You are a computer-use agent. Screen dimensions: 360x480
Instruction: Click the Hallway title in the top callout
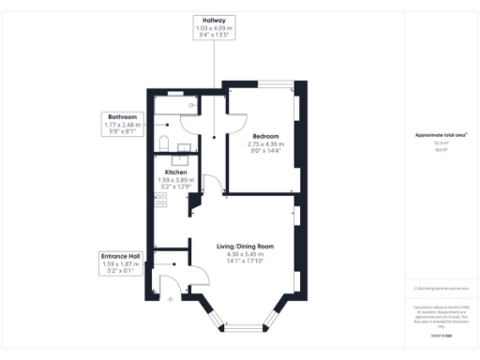(x=215, y=20)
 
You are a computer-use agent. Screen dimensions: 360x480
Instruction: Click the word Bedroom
(x=264, y=135)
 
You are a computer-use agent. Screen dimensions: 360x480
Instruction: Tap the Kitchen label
(x=176, y=172)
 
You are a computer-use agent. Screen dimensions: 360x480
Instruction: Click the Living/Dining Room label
(x=241, y=247)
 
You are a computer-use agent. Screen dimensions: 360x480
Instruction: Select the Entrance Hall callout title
(x=120, y=257)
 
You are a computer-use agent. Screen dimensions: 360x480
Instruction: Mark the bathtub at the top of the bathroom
(x=174, y=97)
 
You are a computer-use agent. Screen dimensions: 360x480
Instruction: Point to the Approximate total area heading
(x=441, y=135)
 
